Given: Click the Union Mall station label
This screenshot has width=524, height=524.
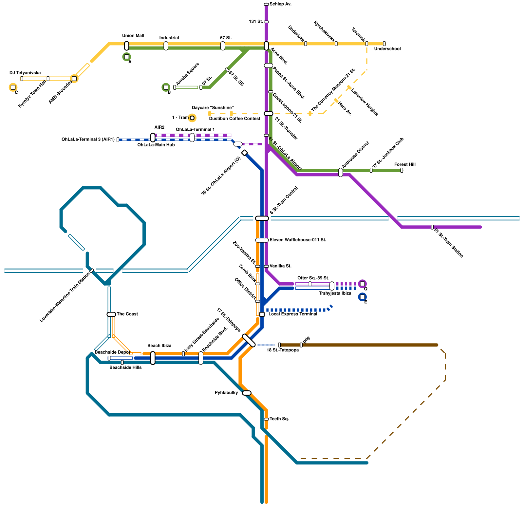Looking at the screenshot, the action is tap(133, 36).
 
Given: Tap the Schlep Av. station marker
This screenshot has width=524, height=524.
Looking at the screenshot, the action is tap(266, 4).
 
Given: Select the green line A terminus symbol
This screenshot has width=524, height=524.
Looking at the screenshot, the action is tap(126, 57).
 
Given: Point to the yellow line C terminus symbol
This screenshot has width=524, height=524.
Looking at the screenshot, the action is tap(13, 87).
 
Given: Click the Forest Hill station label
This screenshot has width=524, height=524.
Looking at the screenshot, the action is tap(405, 164).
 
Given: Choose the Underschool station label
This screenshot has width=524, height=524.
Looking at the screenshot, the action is tap(387, 49).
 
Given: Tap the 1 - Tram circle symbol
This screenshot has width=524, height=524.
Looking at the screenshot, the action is tap(192, 118).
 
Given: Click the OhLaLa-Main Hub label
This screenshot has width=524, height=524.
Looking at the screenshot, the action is tap(156, 145).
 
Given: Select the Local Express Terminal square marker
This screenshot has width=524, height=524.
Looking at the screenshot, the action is tap(262, 314).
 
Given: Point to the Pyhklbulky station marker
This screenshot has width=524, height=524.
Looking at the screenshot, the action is tap(247, 393).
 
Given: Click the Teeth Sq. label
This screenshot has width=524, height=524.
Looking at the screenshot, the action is tap(279, 419).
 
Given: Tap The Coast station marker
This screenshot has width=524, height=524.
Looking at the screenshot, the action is tap(111, 314).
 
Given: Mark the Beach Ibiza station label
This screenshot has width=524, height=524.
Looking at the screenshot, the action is tap(159, 346).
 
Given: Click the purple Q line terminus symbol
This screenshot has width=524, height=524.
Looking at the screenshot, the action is tap(362, 284).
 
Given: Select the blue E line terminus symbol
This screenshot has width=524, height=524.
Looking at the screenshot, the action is tap(362, 297).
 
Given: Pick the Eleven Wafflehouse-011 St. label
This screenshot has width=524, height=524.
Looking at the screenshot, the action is tap(298, 240).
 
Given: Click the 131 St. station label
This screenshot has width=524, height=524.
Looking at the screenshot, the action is tap(256, 22).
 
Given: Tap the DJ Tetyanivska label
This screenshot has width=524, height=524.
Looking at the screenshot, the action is tap(25, 73).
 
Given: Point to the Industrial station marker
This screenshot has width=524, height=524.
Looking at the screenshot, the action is tap(166, 46).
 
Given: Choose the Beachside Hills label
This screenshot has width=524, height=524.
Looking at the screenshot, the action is tap(125, 367).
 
